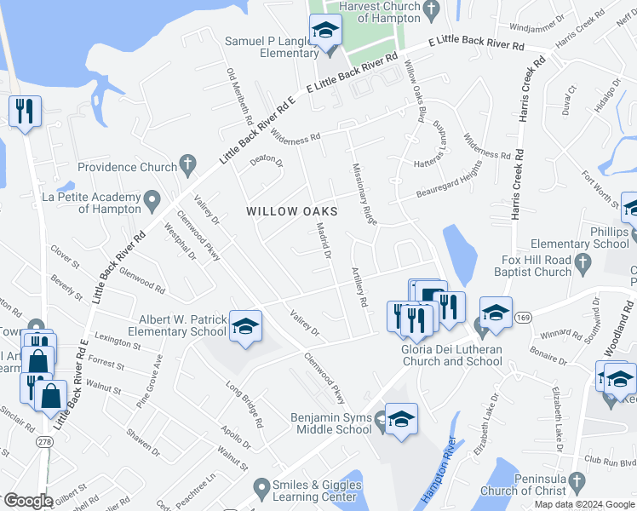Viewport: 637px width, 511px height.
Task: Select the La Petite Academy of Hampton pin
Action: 152,202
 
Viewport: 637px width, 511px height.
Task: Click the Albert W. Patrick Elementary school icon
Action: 245,325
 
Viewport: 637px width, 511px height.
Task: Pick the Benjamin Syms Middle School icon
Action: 401,419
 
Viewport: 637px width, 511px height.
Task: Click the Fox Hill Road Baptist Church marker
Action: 583,265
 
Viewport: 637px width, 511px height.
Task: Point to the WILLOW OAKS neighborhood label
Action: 292,210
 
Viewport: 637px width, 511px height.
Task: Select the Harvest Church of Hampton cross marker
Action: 431,11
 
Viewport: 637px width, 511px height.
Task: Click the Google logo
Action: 28,501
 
